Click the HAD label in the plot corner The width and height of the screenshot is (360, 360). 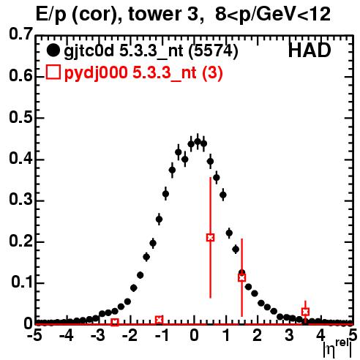310,50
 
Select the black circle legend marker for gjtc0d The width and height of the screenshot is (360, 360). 53,50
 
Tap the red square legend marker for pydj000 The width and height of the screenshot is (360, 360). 53,72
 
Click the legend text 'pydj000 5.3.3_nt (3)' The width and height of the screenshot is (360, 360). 143,73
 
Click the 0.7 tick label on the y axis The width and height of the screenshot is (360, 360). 20,34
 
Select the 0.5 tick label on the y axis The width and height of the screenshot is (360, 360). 20,117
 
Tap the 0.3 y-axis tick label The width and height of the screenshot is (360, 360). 20,200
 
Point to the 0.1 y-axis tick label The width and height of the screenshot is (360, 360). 22,282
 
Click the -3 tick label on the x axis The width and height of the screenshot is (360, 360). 98,336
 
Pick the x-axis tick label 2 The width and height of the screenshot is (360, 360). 257,336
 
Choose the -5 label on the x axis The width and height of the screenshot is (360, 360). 34,336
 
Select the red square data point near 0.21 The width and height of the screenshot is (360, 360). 210,237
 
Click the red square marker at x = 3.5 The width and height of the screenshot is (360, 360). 305,312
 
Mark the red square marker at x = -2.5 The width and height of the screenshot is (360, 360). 115,322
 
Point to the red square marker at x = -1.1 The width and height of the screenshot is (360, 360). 159,320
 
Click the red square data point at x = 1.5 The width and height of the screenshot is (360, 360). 241,277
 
